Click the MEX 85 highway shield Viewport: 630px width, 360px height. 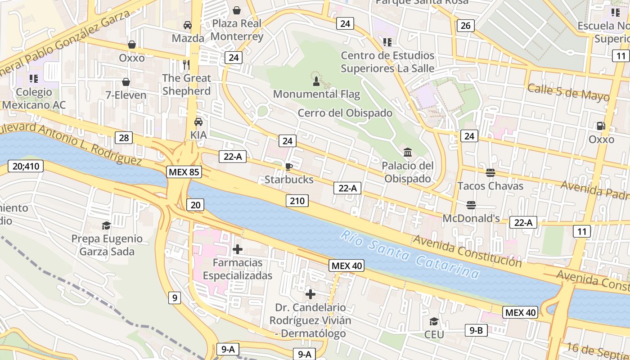[184, 171]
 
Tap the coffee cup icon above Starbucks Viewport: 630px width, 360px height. [288, 166]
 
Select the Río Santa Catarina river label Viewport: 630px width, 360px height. [409, 253]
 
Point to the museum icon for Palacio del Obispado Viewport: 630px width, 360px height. [408, 152]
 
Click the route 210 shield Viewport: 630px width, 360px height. [297, 201]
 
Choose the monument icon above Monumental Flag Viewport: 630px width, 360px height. [316, 81]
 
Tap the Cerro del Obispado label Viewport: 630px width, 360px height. [345, 113]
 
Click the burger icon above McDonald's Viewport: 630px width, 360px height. [471, 205]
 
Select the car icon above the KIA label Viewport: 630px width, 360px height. [198, 121]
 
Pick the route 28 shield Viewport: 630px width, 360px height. [123, 138]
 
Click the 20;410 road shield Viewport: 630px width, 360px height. [26, 166]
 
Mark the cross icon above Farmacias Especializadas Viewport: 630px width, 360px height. [238, 249]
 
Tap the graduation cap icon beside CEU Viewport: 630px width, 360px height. [434, 321]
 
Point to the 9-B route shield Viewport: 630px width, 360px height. [476, 331]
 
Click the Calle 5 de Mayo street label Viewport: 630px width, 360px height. [568, 93]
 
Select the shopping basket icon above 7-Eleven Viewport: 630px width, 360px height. [126, 82]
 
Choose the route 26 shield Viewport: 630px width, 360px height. [465, 26]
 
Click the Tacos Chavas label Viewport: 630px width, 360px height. [490, 186]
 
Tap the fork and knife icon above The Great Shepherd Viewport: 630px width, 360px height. [186, 65]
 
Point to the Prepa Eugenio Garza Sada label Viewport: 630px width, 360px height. [107, 245]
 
